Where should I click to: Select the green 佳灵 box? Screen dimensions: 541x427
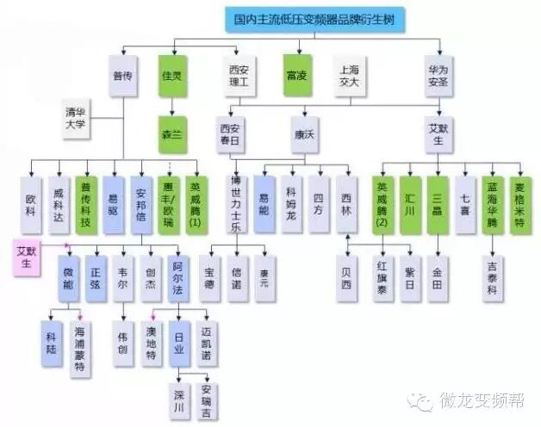tap(172, 76)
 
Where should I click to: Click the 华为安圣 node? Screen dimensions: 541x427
tap(437, 76)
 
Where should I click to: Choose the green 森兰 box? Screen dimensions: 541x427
tap(172, 133)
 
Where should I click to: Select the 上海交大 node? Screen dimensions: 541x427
tap(351, 76)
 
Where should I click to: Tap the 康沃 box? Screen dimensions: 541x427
tap(305, 133)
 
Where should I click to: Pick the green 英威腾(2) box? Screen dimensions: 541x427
tap(383, 205)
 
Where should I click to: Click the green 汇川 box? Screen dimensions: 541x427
tap(411, 205)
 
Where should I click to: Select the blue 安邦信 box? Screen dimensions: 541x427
tap(143, 205)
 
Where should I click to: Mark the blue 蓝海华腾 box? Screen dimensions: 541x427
tap(492, 205)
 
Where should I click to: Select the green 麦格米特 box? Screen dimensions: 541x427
tap(520, 205)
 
